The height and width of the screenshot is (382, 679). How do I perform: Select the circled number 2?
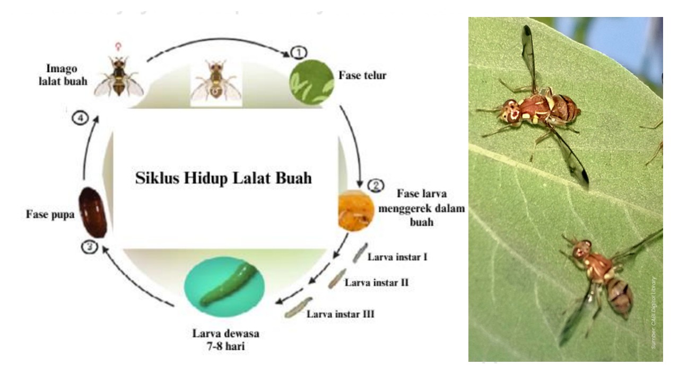(x=376, y=185)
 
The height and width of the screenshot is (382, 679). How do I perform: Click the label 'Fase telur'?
(x=363, y=75)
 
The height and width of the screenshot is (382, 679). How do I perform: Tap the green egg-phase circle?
(x=311, y=81)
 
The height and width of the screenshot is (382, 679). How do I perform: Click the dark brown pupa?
(x=93, y=212)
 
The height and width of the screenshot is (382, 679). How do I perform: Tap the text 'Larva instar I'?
(x=398, y=257)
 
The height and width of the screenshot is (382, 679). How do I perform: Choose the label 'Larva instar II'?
(x=377, y=282)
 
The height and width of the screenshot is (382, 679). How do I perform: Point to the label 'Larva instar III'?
(x=341, y=314)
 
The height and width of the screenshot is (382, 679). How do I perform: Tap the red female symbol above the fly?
(x=118, y=47)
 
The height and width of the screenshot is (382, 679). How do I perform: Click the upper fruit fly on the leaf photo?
(x=541, y=109)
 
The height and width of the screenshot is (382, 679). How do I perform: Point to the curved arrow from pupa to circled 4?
(x=88, y=149)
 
